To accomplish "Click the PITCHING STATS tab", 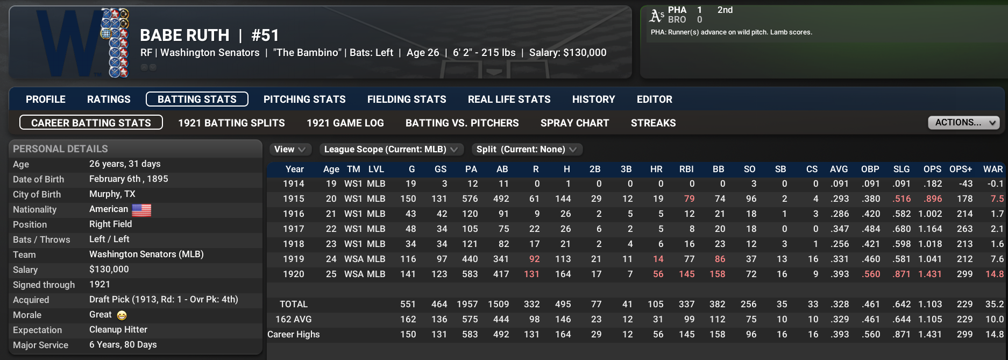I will (304, 100).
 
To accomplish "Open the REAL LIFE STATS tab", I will (509, 100).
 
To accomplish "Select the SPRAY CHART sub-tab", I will (574, 123).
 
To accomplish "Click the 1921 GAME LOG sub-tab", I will (345, 123).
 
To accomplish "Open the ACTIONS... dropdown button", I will (963, 123).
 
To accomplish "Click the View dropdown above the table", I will (289, 150).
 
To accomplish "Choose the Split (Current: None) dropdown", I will (526, 150).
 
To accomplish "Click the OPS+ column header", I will (961, 169).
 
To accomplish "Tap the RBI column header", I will (686, 169).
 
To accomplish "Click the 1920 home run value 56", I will (658, 274).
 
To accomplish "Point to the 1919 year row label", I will (294, 259).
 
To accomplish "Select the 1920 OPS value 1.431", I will (929, 274).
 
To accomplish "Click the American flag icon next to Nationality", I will (141, 210).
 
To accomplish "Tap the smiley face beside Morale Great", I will (122, 315).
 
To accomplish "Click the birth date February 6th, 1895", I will (129, 179).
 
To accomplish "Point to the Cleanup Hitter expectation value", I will (118, 329).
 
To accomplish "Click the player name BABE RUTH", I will (184, 36).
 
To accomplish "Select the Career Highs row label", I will (294, 334).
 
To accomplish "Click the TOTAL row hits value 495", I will (563, 304).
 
